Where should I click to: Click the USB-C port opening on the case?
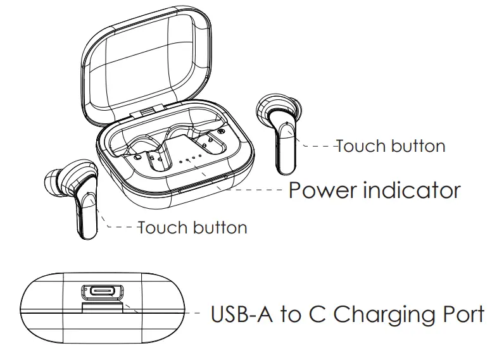pos(100,292)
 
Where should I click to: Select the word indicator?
pos(412,189)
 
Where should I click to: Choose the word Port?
pos(462,314)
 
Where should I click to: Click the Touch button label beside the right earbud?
pos(390,146)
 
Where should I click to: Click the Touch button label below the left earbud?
pos(192,227)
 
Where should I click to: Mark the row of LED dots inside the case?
pos(191,157)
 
